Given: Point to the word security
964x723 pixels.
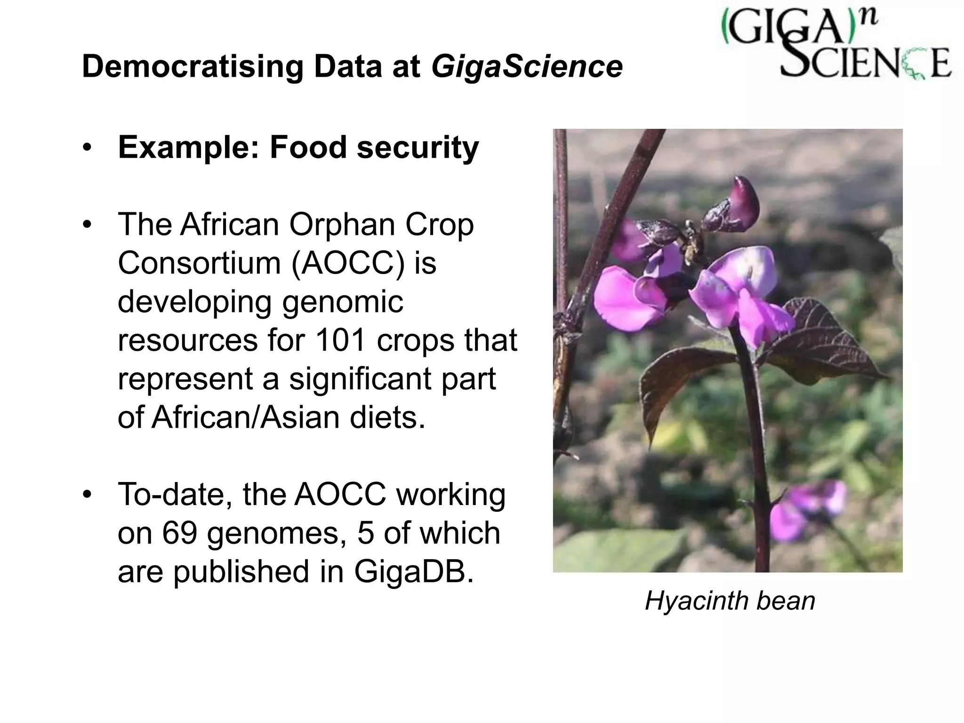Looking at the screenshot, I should [x=418, y=147].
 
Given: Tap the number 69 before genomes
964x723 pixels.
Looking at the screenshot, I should [x=179, y=533].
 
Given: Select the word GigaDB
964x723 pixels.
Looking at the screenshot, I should [x=413, y=571].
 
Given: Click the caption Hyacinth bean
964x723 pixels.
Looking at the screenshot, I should [x=730, y=601].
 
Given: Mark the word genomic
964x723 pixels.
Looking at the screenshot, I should [x=343, y=301].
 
